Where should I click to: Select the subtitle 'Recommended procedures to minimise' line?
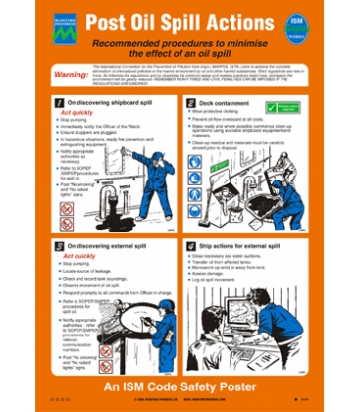click(x=180, y=46)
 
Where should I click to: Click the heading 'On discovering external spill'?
click(x=113, y=247)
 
